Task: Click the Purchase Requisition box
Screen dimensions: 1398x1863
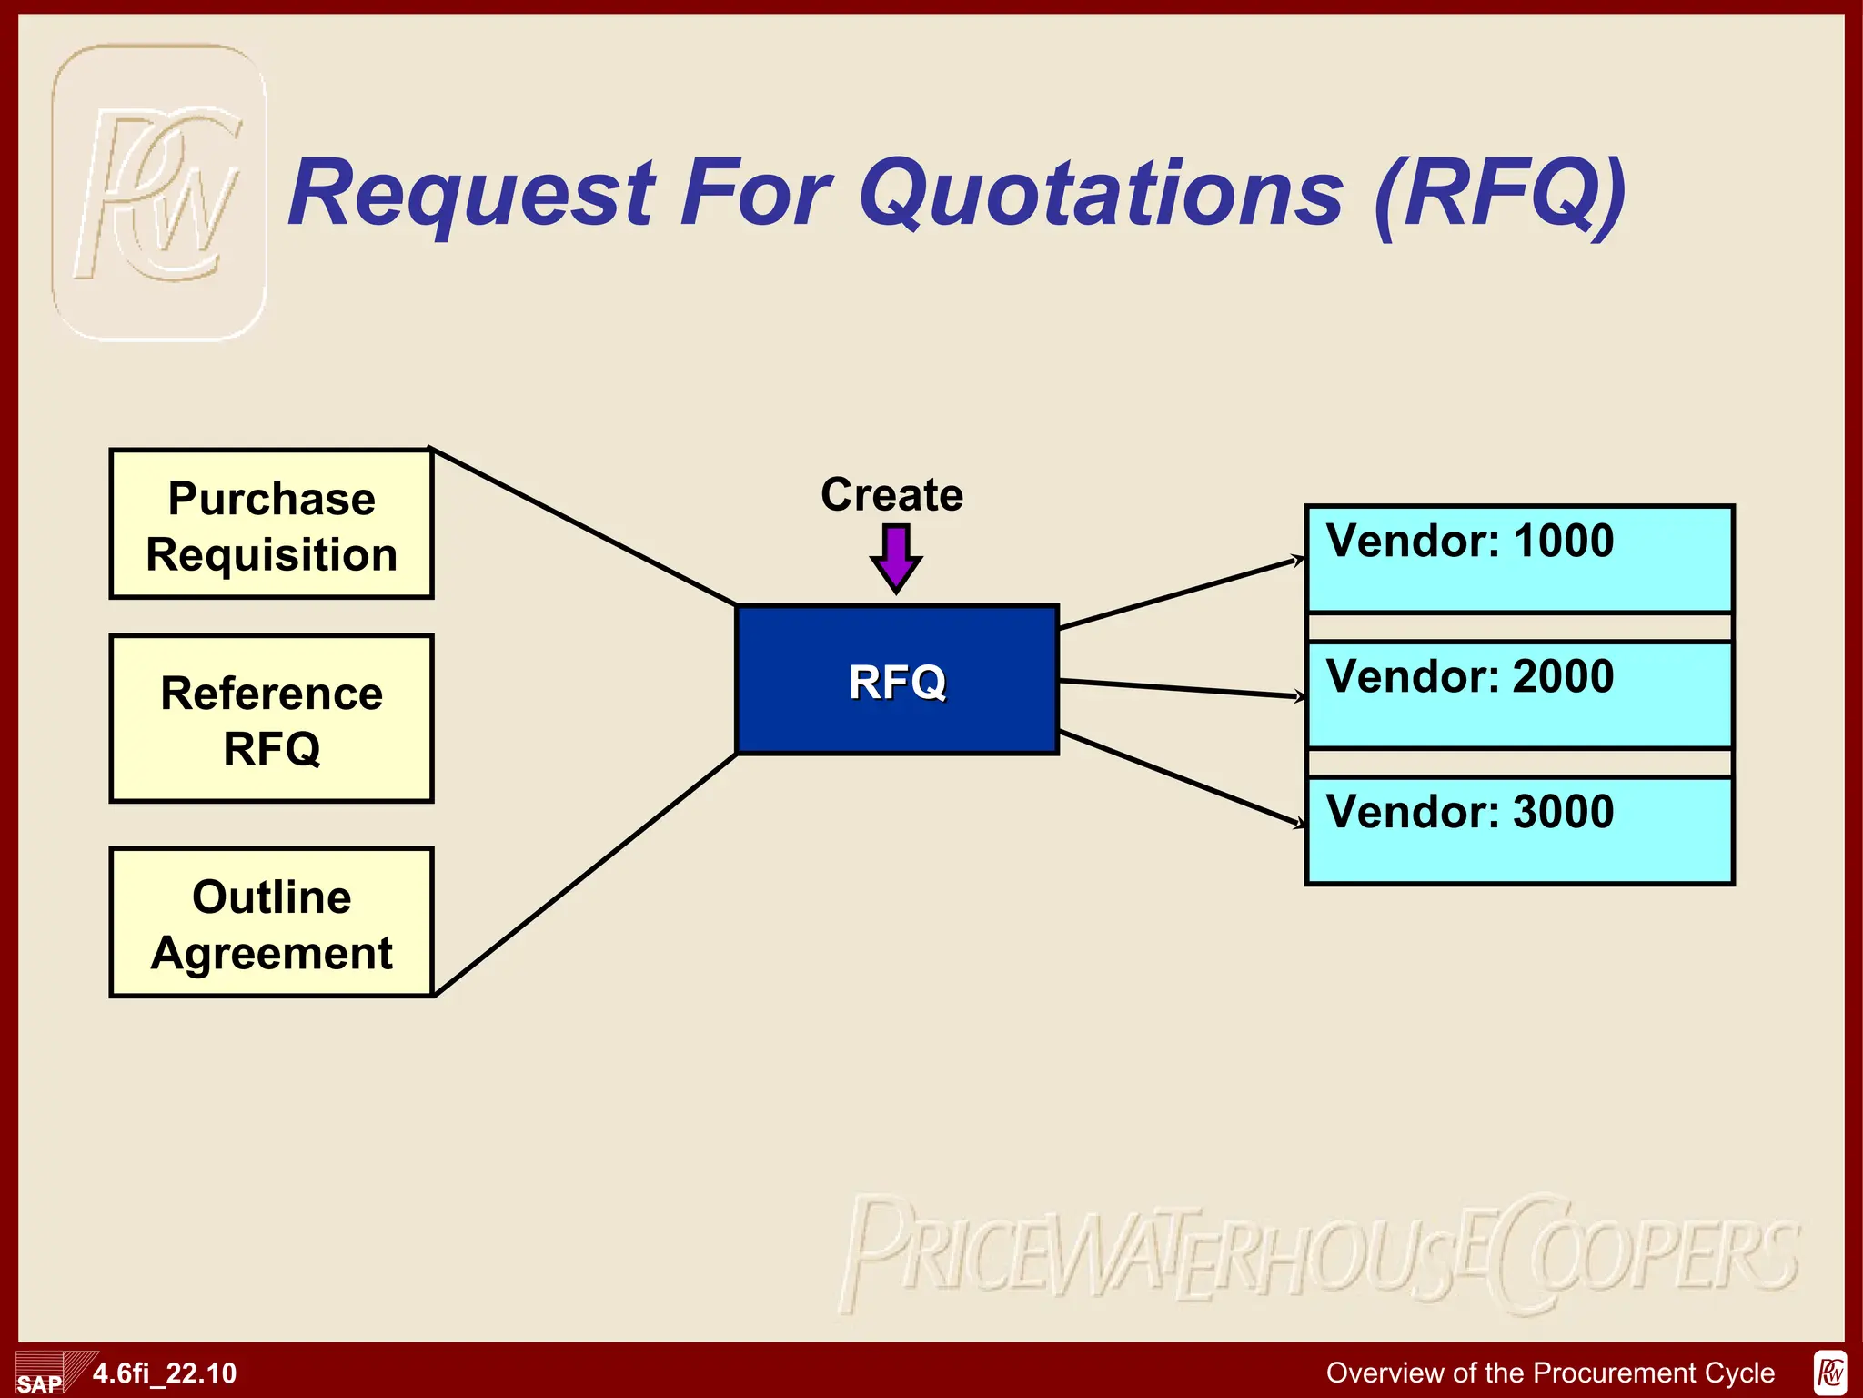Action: coord(271,524)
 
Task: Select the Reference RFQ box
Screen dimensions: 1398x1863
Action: coord(271,719)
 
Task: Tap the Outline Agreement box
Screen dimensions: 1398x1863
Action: coord(271,923)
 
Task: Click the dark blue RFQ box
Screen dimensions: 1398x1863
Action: coord(897,681)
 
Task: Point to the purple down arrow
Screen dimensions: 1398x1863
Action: coord(896,558)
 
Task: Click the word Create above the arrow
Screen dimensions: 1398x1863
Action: coord(891,494)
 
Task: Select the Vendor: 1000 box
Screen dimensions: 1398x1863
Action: coord(1519,559)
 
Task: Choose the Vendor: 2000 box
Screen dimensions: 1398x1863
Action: coord(1519,694)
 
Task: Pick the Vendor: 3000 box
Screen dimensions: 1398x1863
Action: coord(1519,830)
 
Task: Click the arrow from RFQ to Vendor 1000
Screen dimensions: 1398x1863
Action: coord(1183,593)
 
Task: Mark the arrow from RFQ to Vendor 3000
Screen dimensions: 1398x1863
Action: coord(1183,779)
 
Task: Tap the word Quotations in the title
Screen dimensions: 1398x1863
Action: coord(1101,193)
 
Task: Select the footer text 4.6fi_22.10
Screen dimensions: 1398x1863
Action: coord(165,1373)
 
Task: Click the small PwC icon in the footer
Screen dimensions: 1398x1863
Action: coord(1830,1373)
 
